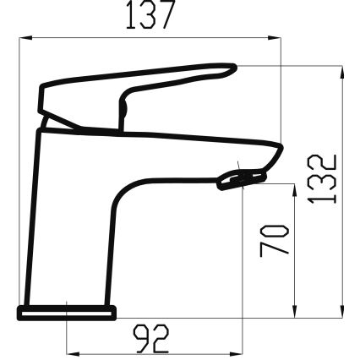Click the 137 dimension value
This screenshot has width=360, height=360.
pyautogui.click(x=150, y=16)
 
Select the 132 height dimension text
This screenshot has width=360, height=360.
pyautogui.click(x=325, y=178)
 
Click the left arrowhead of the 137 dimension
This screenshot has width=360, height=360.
pyautogui.click(x=22, y=37)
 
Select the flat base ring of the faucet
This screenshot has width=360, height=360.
pyautogui.click(x=66, y=312)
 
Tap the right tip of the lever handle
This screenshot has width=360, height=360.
pyautogui.click(x=231, y=68)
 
